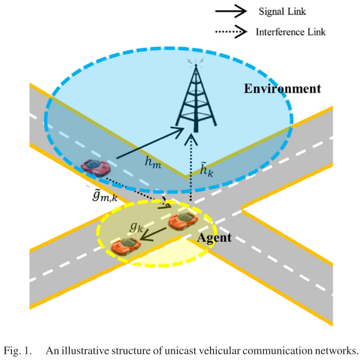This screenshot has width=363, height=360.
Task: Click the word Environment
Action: [x=283, y=89]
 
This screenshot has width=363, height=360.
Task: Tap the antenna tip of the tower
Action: [x=195, y=61]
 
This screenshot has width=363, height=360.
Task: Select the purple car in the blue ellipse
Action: [x=96, y=167]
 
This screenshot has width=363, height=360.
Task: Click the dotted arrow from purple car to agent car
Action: [x=139, y=192]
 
